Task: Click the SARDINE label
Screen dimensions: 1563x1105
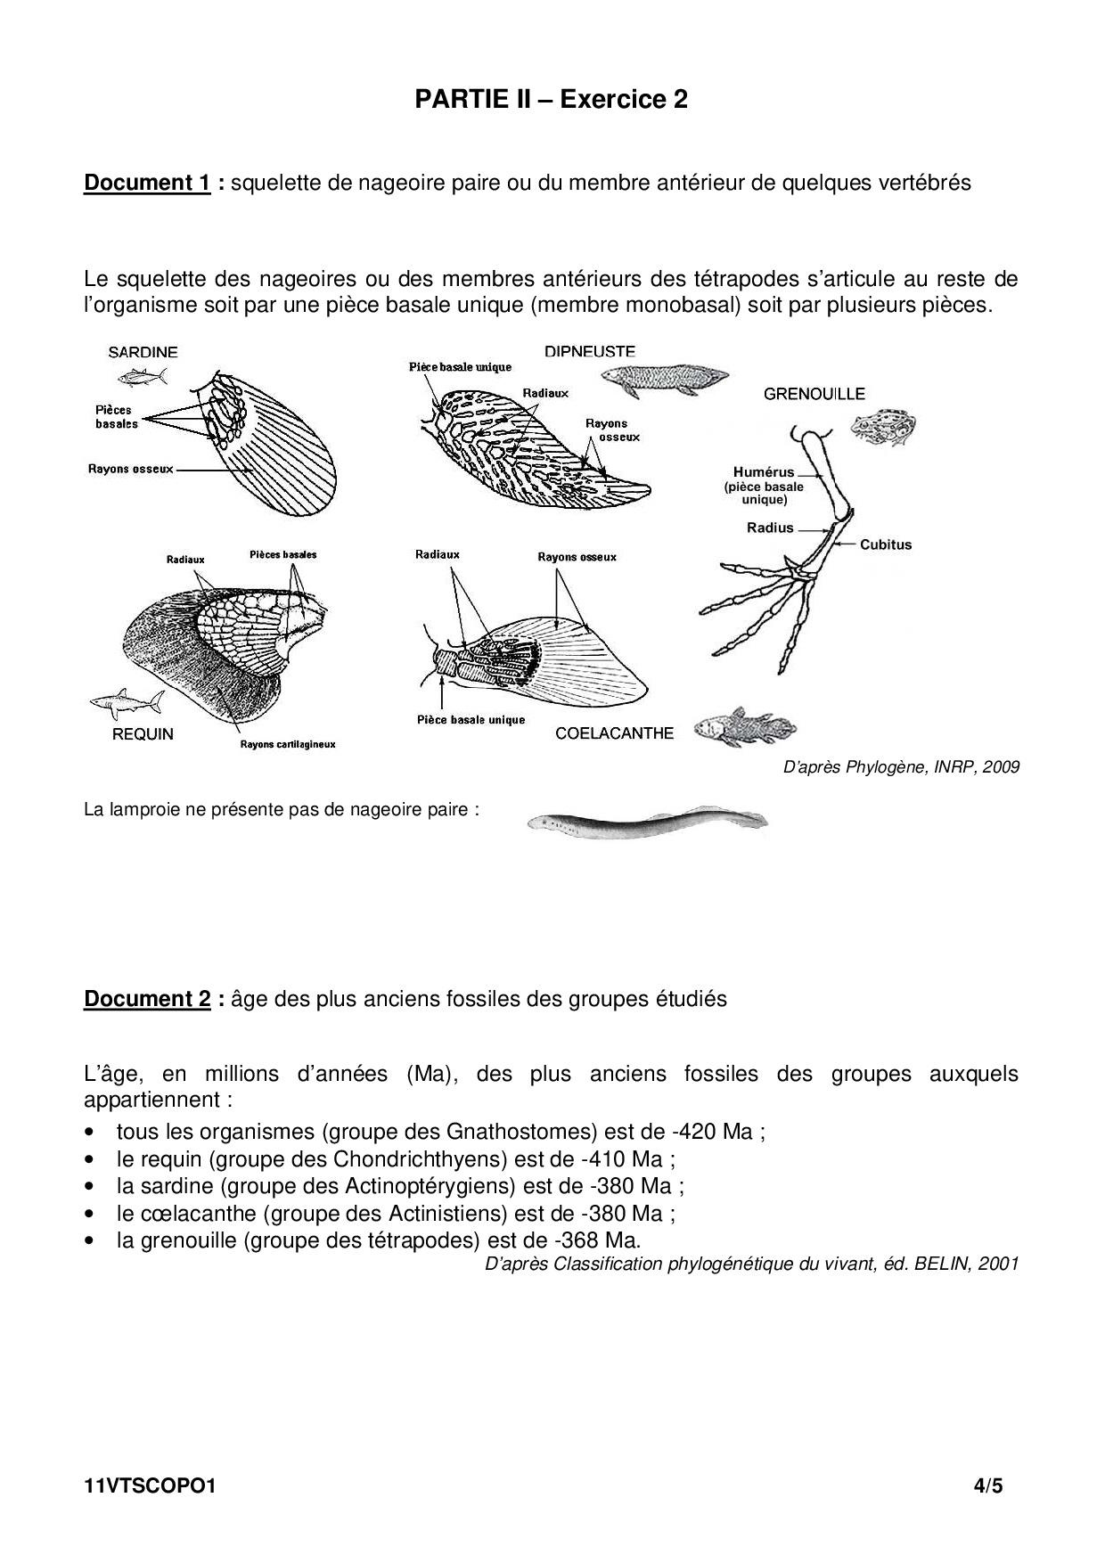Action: click(143, 352)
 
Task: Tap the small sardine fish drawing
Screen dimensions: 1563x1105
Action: click(143, 377)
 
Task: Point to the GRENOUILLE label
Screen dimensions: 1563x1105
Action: click(814, 394)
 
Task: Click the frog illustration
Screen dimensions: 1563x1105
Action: click(883, 427)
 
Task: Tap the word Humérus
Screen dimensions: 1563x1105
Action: click(764, 472)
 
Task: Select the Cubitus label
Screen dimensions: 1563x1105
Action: click(886, 544)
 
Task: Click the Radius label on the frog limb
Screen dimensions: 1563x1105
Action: click(770, 528)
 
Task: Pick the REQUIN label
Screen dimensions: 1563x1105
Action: click(143, 734)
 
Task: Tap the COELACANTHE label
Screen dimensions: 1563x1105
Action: click(614, 733)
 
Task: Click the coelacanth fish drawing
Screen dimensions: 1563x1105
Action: click(730, 723)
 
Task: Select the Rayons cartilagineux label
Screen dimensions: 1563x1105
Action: click(288, 744)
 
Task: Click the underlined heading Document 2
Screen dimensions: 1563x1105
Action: click(147, 999)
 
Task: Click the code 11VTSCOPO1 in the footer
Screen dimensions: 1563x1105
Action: click(150, 1486)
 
